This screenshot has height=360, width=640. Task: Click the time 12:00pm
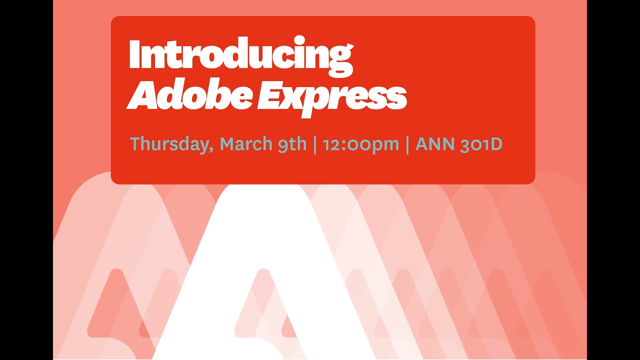coord(360,144)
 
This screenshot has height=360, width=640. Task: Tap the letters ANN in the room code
coord(433,144)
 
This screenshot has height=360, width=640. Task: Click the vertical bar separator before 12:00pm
coord(315,144)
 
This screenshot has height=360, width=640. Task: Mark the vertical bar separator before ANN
coord(407,144)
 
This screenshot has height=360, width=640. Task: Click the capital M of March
coord(228,143)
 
